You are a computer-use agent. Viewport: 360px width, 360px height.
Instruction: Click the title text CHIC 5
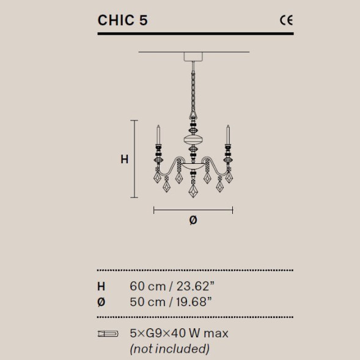pyautogui.click(x=122, y=20)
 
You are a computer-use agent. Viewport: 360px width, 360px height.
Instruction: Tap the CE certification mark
pyautogui.click(x=286, y=20)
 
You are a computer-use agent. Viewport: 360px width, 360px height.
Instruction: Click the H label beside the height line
pyautogui.click(x=124, y=160)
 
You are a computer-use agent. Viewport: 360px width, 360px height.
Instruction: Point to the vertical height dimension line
pyautogui.click(x=136, y=159)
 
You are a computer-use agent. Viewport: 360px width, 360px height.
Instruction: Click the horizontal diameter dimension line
pyautogui.click(x=193, y=210)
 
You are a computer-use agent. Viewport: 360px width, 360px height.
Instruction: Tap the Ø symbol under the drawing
pyautogui.click(x=193, y=221)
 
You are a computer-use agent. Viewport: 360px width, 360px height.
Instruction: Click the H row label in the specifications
pyautogui.click(x=101, y=285)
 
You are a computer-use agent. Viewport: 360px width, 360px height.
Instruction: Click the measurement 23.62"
pyautogui.click(x=195, y=285)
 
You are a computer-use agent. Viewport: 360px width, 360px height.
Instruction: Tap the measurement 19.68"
pyautogui.click(x=194, y=301)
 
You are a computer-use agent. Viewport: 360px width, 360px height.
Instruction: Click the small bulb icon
pyautogui.click(x=108, y=334)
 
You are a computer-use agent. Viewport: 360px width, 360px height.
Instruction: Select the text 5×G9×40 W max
pyautogui.click(x=178, y=334)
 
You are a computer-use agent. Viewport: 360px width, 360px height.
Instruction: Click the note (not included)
pyautogui.click(x=169, y=349)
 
